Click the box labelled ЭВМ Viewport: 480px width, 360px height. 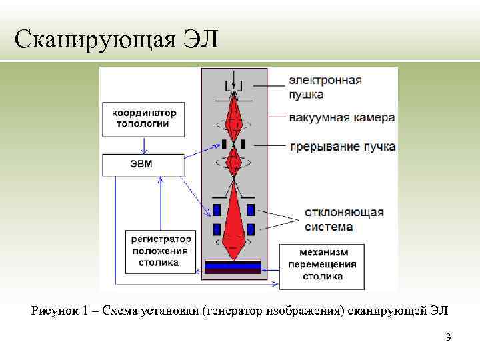pos(143,165)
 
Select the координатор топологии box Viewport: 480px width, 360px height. pos(139,118)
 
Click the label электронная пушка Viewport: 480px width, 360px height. pos(325,87)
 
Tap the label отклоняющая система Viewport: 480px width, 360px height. pos(343,219)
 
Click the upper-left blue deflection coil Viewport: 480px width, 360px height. pos(217,211)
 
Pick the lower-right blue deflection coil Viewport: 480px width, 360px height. pos(251,230)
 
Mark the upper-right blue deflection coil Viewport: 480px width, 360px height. pos(251,211)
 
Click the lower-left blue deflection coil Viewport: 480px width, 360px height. pos(217,230)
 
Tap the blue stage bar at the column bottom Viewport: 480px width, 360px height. pos(233,265)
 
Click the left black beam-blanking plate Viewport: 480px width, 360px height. pos(225,143)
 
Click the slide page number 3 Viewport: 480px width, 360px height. pos(449,337)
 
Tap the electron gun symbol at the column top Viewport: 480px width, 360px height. pos(234,85)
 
